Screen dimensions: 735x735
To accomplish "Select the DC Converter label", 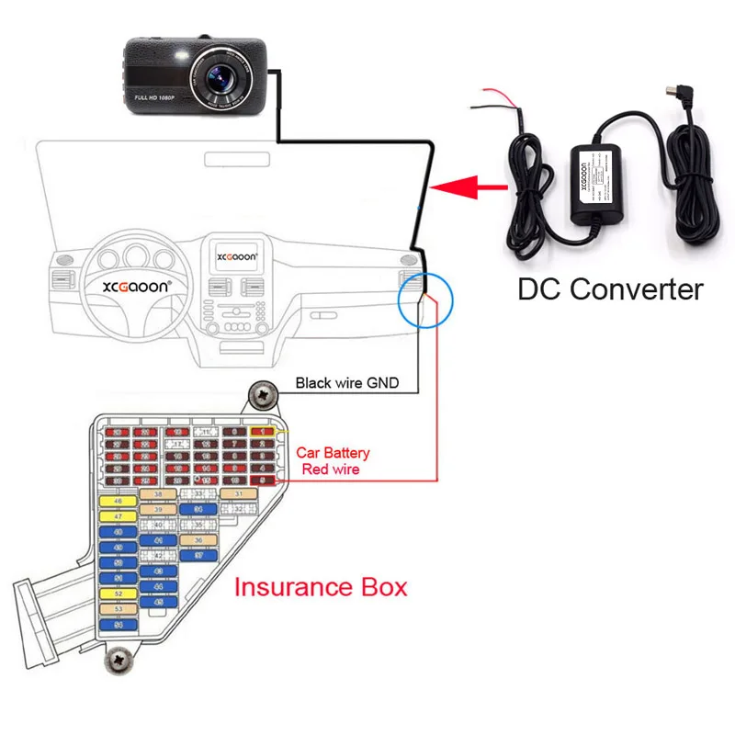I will tap(610, 289).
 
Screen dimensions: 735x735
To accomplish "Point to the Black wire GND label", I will tap(346, 382).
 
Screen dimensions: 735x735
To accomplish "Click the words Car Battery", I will tap(333, 453).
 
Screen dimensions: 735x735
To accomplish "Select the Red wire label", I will tap(331, 469).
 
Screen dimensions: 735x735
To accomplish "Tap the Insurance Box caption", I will tap(321, 587).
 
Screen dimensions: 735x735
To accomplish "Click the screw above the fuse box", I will tap(264, 396).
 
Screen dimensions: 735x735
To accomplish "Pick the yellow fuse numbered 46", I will tap(118, 502).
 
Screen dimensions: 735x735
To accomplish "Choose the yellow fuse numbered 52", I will tap(118, 594).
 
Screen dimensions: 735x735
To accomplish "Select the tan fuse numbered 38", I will tap(158, 494).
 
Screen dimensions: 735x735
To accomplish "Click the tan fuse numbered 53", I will tap(118, 608).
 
